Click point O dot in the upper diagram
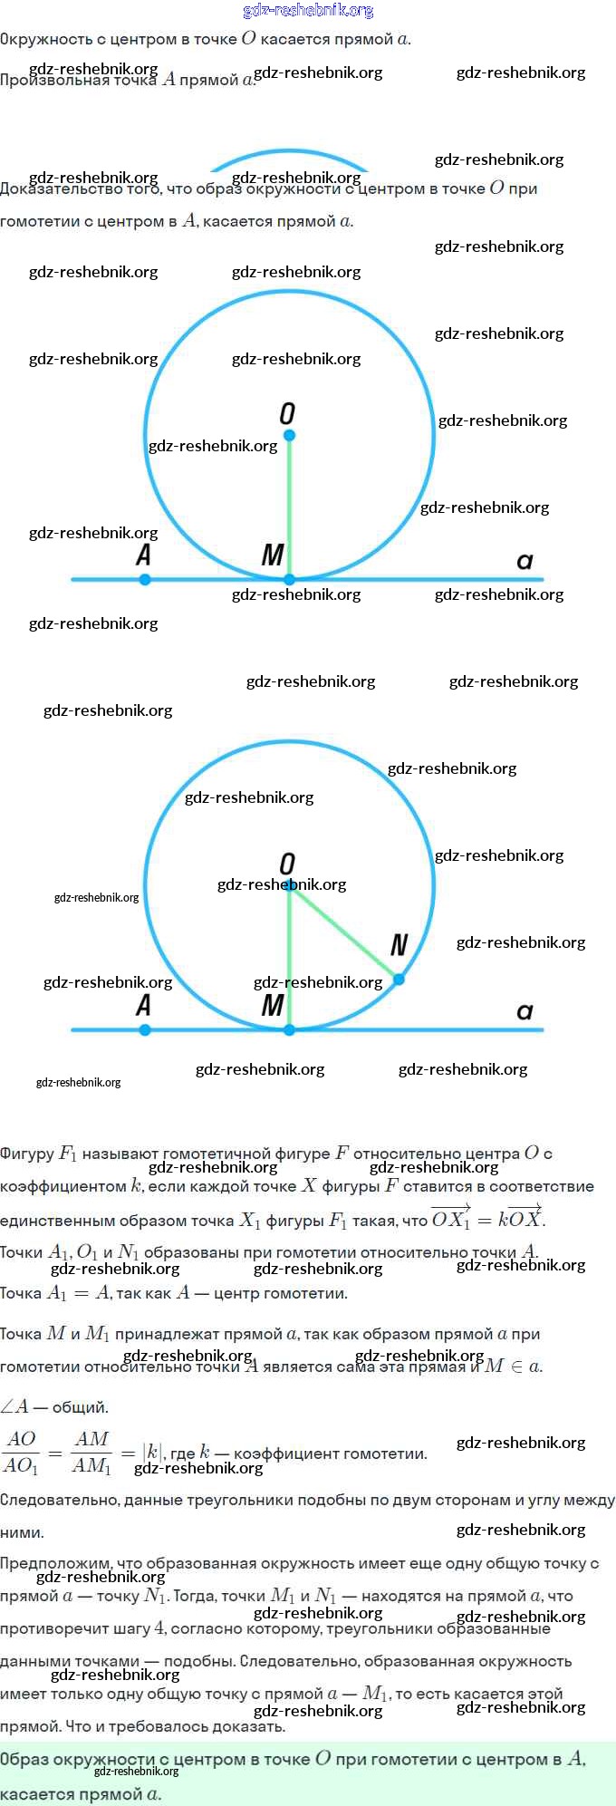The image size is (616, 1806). click(289, 435)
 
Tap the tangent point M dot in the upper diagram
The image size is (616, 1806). click(289, 579)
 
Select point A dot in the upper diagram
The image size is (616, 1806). click(145, 579)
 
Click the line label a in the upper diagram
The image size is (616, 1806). click(525, 561)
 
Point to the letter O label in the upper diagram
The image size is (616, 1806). click(287, 414)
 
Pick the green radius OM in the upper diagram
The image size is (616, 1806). click(289, 507)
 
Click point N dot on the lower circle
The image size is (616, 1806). click(399, 979)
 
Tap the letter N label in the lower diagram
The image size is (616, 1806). click(399, 946)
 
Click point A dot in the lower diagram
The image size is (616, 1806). click(145, 1029)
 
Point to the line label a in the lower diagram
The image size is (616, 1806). click(525, 1011)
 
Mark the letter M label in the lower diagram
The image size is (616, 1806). click(273, 1005)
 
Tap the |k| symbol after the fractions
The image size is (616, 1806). click(152, 1453)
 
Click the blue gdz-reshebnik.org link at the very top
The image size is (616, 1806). click(308, 11)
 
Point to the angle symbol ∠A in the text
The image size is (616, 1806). click(14, 1407)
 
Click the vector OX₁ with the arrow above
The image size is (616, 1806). click(450, 1218)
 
